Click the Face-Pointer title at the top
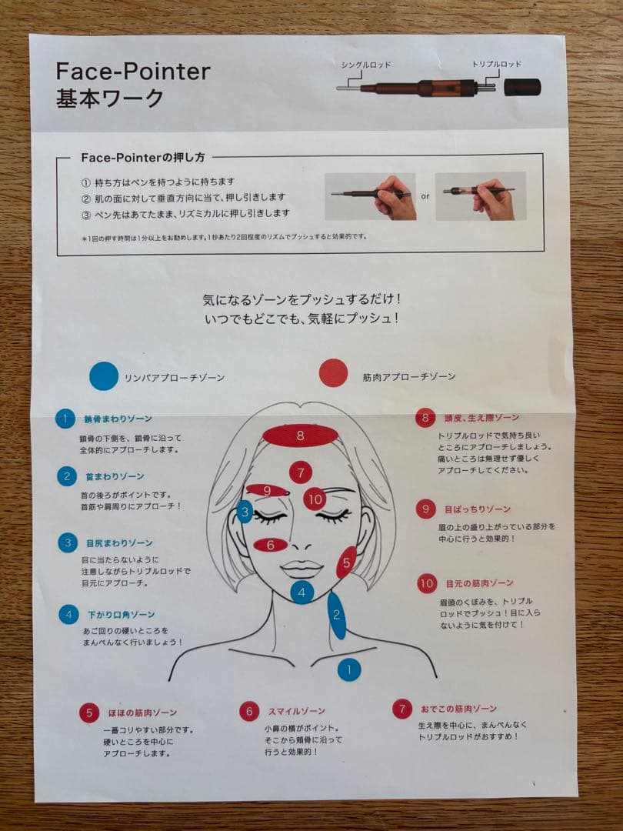132,72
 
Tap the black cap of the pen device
522,87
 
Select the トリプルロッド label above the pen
496,65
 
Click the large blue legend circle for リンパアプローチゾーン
104,375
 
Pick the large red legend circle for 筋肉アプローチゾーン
333,373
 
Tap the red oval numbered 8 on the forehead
300,436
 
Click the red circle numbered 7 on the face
301,472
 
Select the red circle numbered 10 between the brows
315,499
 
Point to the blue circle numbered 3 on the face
245,511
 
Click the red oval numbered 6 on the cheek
271,545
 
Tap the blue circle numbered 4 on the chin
302,592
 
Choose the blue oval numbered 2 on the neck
336,615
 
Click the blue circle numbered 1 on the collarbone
349,669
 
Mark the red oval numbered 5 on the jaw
346,562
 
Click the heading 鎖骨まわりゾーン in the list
118,419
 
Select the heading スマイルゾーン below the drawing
296,711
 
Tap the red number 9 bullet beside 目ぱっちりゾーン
425,509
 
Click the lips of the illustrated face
301,569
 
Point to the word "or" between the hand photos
425,195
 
